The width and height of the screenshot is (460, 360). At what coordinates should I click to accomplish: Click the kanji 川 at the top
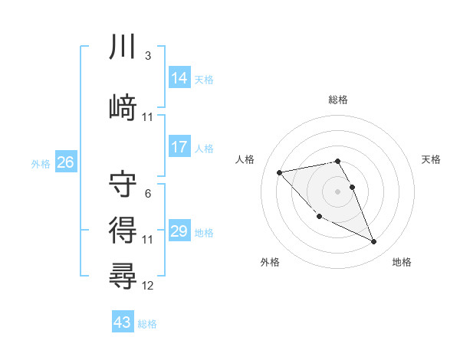[123, 47]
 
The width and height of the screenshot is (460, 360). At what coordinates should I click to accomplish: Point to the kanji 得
[123, 229]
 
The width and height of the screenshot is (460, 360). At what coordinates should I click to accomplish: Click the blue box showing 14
[179, 77]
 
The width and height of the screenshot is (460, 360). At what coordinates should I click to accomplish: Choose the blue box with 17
[179, 147]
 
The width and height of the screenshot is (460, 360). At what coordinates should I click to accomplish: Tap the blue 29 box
[179, 231]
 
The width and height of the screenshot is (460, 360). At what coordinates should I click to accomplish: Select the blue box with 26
[65, 162]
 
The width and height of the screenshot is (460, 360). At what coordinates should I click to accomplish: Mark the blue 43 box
[123, 322]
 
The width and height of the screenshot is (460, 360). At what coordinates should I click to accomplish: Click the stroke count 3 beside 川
[147, 56]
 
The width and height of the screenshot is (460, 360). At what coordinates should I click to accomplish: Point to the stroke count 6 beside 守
[147, 194]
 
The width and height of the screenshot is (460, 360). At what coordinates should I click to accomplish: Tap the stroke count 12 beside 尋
[148, 286]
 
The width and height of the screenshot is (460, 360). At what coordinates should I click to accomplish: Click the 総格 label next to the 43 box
[147, 324]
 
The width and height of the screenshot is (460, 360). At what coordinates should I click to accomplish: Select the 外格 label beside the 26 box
[41, 163]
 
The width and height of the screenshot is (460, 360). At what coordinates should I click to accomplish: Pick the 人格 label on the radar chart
[245, 159]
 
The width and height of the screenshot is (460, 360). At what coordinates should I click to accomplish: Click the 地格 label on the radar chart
[402, 263]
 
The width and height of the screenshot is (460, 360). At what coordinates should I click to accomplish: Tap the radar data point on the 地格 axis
[374, 242]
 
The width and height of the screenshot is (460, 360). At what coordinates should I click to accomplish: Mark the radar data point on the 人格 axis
[279, 172]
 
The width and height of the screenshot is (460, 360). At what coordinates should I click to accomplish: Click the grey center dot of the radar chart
[337, 191]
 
